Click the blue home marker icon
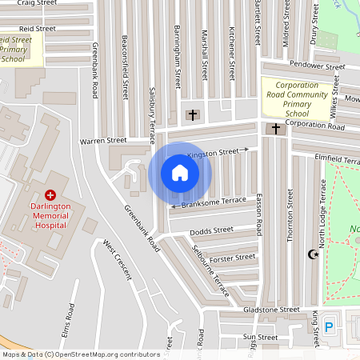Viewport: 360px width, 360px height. (180, 173)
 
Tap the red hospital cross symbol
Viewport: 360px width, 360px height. (50, 194)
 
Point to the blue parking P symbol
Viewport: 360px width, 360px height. (330, 327)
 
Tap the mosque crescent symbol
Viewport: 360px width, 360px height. (313, 255)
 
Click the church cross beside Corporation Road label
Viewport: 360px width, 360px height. (276, 128)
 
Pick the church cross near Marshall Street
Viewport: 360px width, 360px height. (192, 115)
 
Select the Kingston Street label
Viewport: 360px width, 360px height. (213, 152)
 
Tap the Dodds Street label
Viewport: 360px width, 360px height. (211, 231)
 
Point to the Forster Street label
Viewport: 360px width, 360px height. (232, 258)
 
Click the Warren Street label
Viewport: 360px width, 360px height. (103, 141)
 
